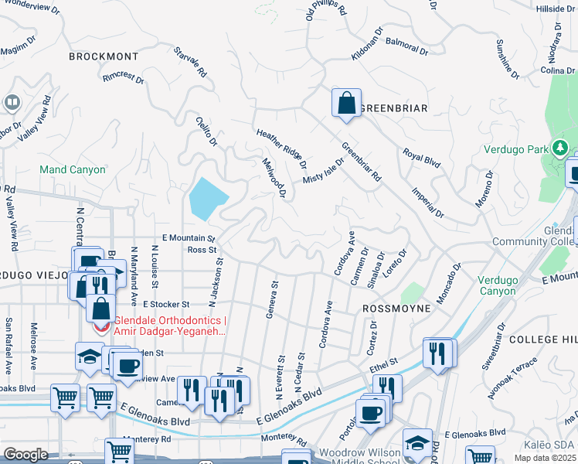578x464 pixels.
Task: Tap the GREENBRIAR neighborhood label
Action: [393, 108]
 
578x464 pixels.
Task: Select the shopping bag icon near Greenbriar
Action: [347, 104]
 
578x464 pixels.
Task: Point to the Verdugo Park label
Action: [515, 150]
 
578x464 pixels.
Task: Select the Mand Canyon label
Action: [73, 169]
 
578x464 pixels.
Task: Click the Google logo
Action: [25, 455]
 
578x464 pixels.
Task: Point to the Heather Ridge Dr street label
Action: [282, 149]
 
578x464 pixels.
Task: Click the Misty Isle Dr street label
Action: [323, 169]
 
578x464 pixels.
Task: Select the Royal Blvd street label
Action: [421, 159]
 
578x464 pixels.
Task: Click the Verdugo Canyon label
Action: [504, 285]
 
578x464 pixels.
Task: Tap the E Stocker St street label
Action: [166, 305]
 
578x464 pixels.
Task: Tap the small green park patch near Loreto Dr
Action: [413, 293]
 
